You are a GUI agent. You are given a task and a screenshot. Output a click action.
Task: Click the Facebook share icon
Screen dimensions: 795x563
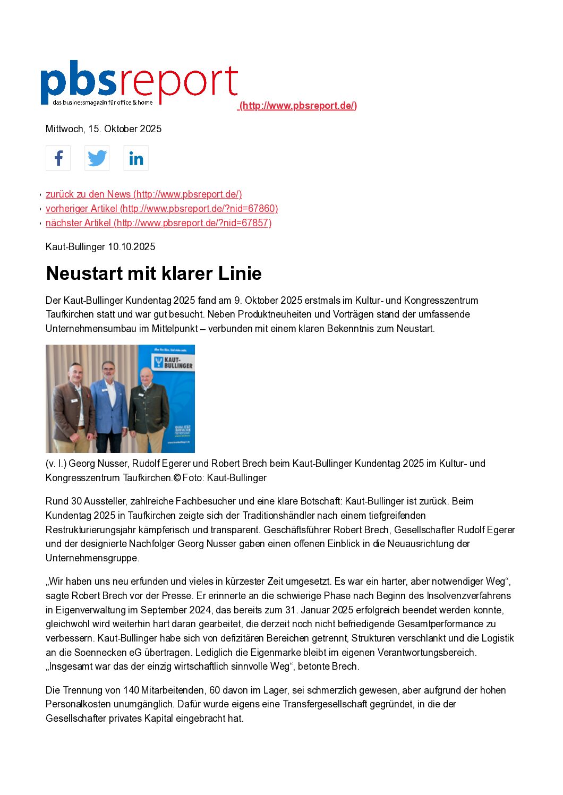point(58,158)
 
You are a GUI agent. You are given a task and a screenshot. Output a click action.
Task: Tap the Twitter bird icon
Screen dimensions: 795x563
point(97,158)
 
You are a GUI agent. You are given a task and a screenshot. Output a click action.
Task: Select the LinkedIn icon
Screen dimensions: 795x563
point(136,158)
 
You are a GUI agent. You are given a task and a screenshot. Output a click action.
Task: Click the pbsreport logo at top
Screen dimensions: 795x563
point(139,84)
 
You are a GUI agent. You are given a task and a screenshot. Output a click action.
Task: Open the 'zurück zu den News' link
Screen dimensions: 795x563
point(143,194)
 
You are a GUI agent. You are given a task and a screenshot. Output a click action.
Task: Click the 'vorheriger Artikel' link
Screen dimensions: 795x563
point(161,209)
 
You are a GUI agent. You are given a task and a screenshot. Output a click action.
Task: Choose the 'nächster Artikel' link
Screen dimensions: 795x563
point(158,223)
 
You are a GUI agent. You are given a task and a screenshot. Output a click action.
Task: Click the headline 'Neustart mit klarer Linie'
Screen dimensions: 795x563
point(154,273)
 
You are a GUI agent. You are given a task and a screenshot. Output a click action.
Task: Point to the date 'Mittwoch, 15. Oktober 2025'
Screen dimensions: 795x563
point(104,129)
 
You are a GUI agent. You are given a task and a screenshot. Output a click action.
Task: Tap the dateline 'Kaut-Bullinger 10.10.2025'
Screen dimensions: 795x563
point(100,247)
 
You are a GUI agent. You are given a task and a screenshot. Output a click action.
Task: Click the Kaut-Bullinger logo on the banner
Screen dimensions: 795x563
point(173,363)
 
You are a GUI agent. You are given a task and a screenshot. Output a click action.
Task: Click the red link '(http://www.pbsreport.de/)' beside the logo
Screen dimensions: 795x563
point(298,106)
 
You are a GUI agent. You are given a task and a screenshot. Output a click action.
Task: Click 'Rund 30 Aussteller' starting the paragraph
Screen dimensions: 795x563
point(83,501)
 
